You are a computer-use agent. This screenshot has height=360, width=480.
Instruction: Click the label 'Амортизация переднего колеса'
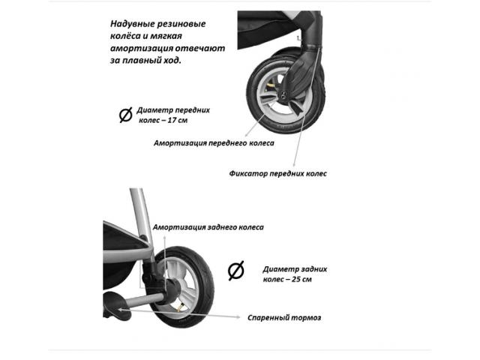214,143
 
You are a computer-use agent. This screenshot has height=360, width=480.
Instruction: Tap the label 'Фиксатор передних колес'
278,173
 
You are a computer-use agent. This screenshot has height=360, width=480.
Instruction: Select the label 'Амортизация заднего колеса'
208,227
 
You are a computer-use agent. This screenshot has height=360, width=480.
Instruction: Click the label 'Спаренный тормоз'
284,318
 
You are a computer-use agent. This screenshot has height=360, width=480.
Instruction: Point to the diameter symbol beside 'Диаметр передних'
125,115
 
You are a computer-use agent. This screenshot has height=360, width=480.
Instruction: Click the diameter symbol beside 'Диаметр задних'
236,271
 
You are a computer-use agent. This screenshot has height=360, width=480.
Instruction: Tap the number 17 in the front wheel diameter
173,120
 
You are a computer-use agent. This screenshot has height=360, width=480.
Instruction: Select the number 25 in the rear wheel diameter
296,280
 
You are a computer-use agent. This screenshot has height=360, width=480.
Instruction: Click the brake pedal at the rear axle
117,305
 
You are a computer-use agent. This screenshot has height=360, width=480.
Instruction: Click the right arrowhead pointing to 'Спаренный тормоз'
238,317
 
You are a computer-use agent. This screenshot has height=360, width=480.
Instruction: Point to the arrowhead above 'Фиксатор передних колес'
294,165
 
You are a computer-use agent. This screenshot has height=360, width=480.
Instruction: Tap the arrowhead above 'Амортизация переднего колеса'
247,135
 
